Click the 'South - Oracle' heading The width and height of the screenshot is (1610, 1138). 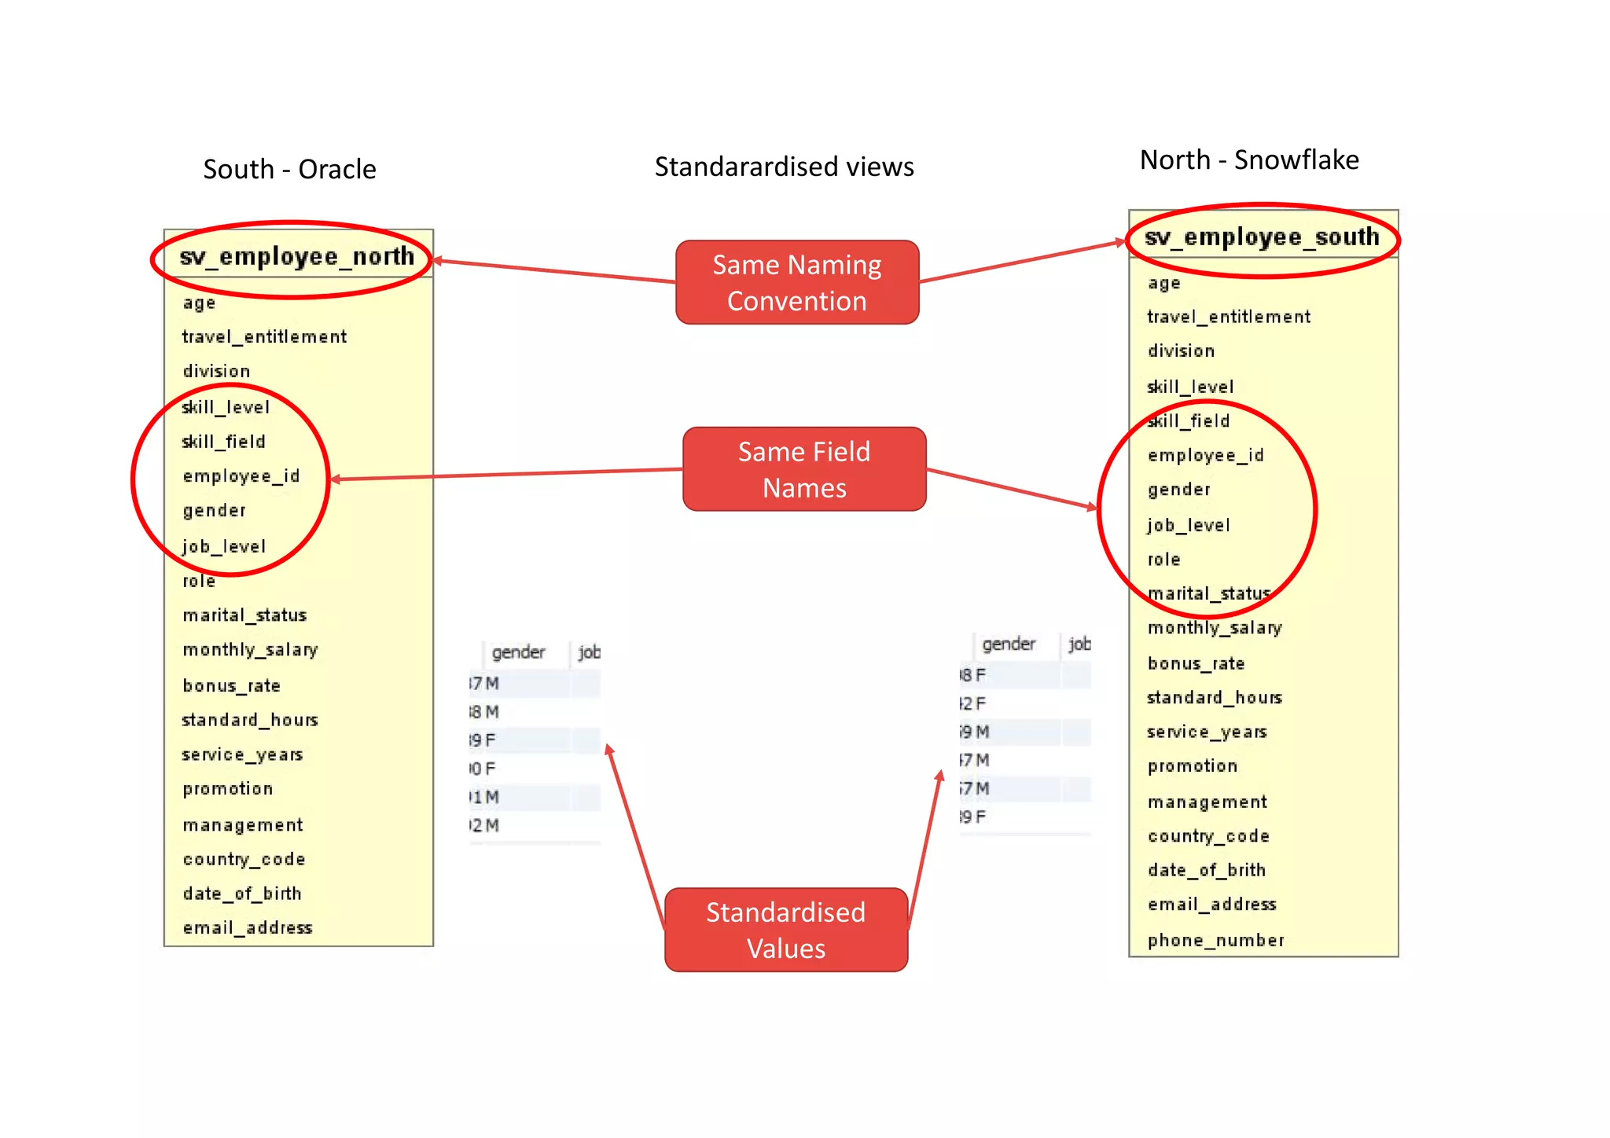point(289,170)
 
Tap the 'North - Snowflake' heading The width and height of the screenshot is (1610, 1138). point(1248,160)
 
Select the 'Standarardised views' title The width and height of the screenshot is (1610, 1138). point(784,167)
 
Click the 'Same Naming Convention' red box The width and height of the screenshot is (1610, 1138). point(796,283)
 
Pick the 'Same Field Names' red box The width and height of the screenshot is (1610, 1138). point(803,470)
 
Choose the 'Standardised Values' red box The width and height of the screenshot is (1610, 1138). point(785,931)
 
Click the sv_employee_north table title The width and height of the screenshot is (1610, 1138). point(296,257)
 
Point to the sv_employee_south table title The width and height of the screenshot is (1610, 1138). point(1261,237)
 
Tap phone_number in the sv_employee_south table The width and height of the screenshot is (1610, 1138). point(1215,940)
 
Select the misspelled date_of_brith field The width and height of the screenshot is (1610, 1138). point(1207,870)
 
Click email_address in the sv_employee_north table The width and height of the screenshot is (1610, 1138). point(248,928)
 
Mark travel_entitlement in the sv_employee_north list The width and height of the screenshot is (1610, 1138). point(264,337)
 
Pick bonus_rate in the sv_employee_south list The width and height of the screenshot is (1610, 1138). point(1196,663)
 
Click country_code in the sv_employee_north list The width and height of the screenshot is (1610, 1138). point(244,859)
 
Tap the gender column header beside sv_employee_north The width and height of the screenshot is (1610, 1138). point(518,652)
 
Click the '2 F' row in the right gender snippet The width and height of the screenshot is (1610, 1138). point(973,703)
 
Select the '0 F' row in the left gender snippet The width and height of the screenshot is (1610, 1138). point(483,769)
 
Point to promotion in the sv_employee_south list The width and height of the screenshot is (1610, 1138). point(1192,766)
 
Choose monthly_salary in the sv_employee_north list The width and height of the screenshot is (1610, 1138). point(250,650)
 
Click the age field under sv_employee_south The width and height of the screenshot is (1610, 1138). point(1163,284)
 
